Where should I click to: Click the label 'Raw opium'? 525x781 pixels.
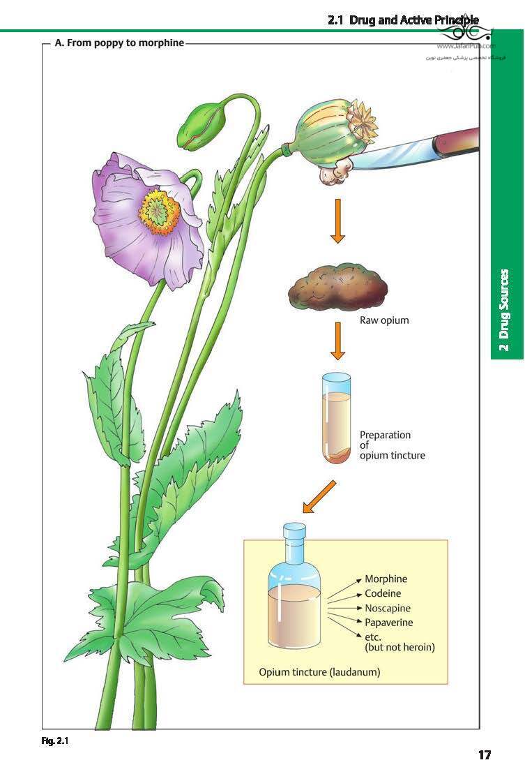pos(384,321)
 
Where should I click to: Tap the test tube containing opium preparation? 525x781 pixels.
pos(337,419)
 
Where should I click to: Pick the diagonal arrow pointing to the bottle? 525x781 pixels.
pos(319,497)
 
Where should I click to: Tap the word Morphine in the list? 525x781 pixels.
pos(386,579)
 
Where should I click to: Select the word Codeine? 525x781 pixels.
pos(383,593)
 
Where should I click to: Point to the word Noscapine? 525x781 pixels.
pos(388,608)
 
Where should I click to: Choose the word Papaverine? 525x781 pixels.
pos(388,622)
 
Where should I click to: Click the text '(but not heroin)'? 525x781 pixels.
pos(400,648)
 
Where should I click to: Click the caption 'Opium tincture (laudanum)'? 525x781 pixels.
pos(319,673)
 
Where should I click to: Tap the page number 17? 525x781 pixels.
pos(485,755)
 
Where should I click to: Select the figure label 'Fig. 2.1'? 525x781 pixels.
pos(55,741)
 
